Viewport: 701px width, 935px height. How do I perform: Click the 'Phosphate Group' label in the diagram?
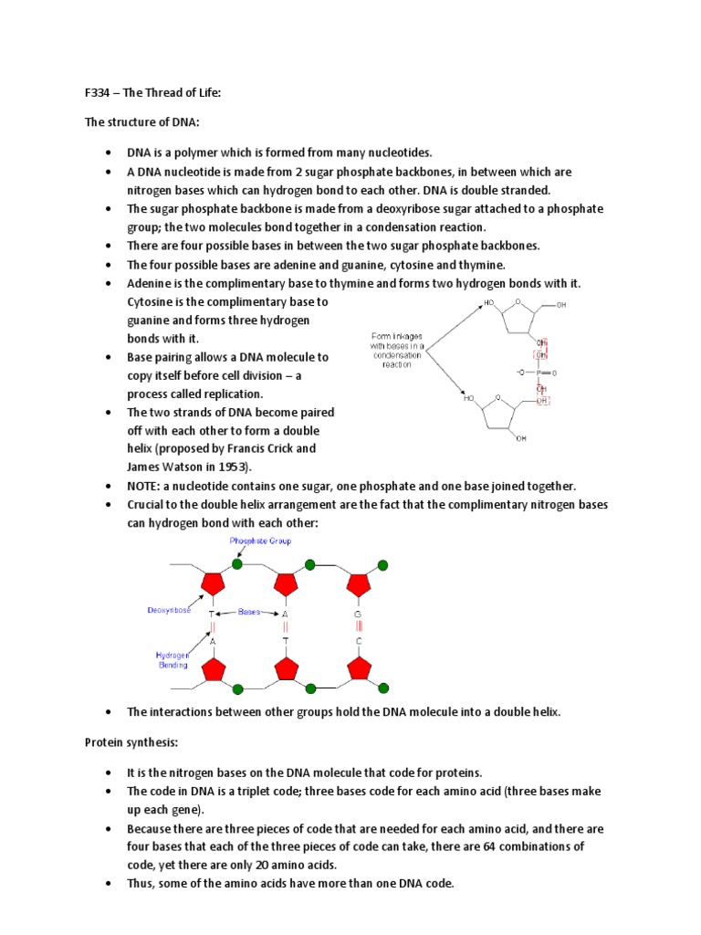tap(260, 541)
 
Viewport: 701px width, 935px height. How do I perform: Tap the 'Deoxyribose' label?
tap(169, 610)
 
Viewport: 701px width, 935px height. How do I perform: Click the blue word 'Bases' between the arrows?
tap(249, 611)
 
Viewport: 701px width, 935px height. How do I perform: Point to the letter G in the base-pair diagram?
tap(359, 615)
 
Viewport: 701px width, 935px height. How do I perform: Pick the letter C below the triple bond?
tap(359, 642)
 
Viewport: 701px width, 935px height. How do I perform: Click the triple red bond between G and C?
tap(359, 628)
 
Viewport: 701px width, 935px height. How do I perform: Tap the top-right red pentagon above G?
tap(359, 583)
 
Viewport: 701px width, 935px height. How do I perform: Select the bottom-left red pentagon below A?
tap(214, 670)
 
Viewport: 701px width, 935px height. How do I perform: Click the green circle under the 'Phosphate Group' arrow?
tap(238, 564)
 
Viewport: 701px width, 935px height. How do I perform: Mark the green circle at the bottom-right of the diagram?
tap(382, 688)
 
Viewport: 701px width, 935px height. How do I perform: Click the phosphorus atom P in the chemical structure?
tap(539, 373)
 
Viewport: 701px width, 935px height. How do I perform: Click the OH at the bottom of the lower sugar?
tap(521, 439)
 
